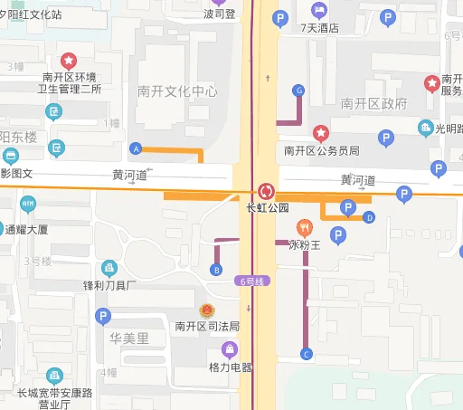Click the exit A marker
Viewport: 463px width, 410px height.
point(137,148)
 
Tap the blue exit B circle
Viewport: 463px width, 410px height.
point(215,269)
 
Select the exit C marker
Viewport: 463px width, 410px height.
point(306,354)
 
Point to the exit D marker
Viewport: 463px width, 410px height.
point(369,217)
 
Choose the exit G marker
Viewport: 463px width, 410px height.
point(298,91)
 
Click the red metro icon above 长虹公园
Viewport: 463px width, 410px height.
point(267,191)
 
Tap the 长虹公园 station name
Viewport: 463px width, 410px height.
point(267,207)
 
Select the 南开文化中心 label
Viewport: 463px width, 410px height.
point(177,91)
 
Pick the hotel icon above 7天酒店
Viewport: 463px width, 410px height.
point(319,10)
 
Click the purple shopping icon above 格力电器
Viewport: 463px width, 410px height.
point(231,349)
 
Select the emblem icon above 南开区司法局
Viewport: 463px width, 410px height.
point(207,310)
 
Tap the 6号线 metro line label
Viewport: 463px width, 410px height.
point(251,281)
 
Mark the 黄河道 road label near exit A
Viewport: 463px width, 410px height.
point(129,175)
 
